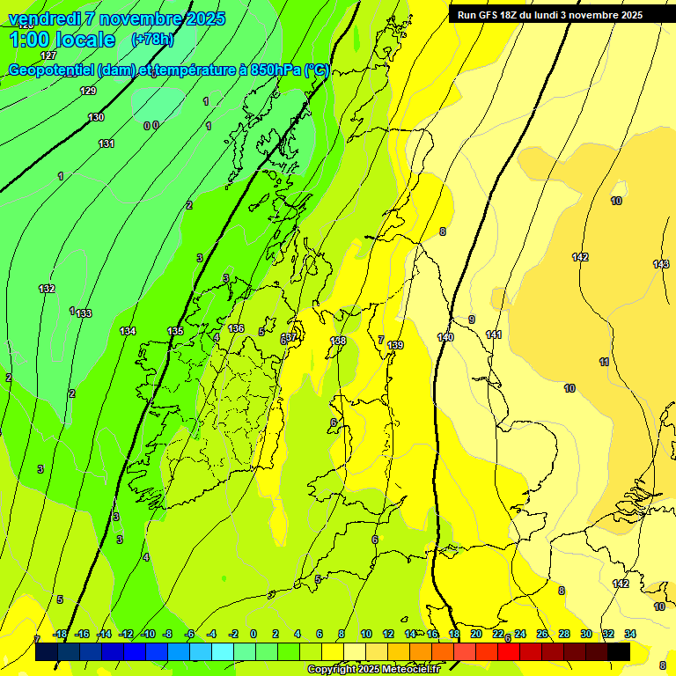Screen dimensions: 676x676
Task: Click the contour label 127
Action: [48, 55]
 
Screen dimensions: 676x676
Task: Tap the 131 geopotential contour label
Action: [107, 143]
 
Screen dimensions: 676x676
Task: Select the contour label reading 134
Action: [128, 331]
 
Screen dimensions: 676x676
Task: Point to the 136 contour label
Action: [236, 328]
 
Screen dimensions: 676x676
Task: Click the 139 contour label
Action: [395, 345]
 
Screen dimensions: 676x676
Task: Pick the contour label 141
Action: [494, 334]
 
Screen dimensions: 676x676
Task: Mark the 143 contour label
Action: [661, 264]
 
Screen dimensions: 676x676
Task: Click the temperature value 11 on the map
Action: [604, 362]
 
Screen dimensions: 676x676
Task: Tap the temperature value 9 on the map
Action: [472, 320]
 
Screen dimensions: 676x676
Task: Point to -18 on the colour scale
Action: [61, 634]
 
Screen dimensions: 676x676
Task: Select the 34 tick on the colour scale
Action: [630, 634]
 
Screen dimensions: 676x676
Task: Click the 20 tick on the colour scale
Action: [476, 634]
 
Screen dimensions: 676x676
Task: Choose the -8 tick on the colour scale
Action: [166, 634]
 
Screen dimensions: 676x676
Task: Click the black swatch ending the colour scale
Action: [619, 651]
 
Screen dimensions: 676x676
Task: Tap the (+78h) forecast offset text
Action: [152, 40]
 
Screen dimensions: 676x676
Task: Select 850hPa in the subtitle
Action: [274, 70]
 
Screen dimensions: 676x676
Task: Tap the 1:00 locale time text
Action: [62, 40]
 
